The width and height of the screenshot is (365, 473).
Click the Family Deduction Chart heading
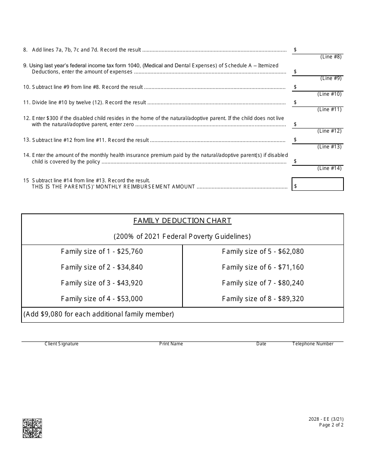pos(182,221)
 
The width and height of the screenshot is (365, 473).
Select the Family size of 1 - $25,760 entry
pos(102,251)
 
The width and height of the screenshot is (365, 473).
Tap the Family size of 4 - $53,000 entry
pos(102,299)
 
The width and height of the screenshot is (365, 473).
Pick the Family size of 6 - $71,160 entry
pos(263,267)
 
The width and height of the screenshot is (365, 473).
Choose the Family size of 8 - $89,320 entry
pos(263,299)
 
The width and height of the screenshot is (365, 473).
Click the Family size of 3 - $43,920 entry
pos(102,283)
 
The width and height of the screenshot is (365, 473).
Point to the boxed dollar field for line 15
pos(318,184)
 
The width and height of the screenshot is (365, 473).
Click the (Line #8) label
pos(331,57)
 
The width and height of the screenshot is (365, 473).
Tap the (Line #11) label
pos(329,110)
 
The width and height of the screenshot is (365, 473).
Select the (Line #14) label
pos(329,168)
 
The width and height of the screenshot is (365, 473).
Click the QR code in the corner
pos(32,428)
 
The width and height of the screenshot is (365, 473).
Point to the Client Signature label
pos(61,344)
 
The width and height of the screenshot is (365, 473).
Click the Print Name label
pos(171,344)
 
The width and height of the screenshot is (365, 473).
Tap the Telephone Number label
pos(313,344)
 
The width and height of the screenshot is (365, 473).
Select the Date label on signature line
pos(261,344)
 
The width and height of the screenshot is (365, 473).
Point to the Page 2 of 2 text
pos(331,425)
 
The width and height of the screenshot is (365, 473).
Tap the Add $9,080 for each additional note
pos(99,314)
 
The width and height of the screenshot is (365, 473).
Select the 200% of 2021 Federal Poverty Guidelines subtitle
pos(182,237)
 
